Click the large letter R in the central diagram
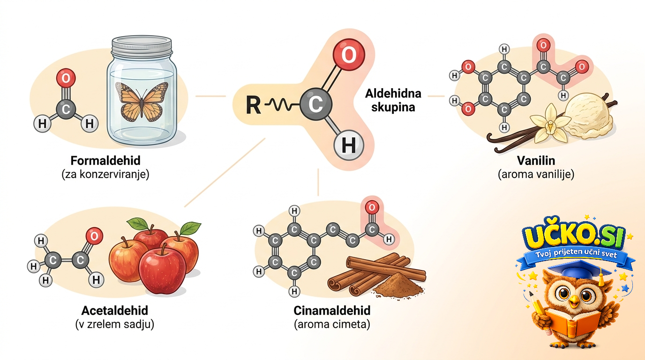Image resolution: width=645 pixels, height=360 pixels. click(x=253, y=105)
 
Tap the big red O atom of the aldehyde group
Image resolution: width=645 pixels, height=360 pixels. click(x=349, y=55)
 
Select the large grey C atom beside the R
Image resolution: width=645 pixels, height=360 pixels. click(x=316, y=104)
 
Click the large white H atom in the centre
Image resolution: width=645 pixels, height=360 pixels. click(x=349, y=145)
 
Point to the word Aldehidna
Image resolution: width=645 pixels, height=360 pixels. click(x=393, y=94)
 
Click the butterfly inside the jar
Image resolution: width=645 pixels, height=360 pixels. click(x=142, y=101)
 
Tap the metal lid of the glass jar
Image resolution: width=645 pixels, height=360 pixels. click(x=142, y=45)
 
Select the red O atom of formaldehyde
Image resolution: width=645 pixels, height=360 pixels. click(x=66, y=78)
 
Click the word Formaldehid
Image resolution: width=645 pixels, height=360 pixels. click(x=105, y=160)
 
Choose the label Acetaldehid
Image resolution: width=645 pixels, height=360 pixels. click(x=114, y=310)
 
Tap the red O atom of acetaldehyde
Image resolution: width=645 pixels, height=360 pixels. click(x=94, y=236)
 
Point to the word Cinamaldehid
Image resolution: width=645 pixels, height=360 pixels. click(x=332, y=310)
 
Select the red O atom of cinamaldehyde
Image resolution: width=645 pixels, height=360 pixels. click(x=372, y=207)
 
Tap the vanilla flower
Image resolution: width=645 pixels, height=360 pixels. click(x=550, y=124)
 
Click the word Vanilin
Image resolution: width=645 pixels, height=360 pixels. click(x=536, y=160)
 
